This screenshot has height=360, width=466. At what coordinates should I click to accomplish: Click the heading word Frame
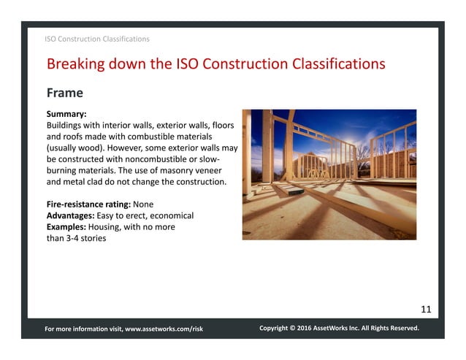[x=64, y=93]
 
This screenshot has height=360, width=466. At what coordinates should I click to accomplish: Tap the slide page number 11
[x=425, y=309]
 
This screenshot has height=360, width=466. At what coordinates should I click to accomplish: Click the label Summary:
[x=66, y=115]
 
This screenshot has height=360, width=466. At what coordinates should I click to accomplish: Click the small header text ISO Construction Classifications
[x=97, y=38]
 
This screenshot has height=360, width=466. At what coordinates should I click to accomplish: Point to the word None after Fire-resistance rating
[x=144, y=204]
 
